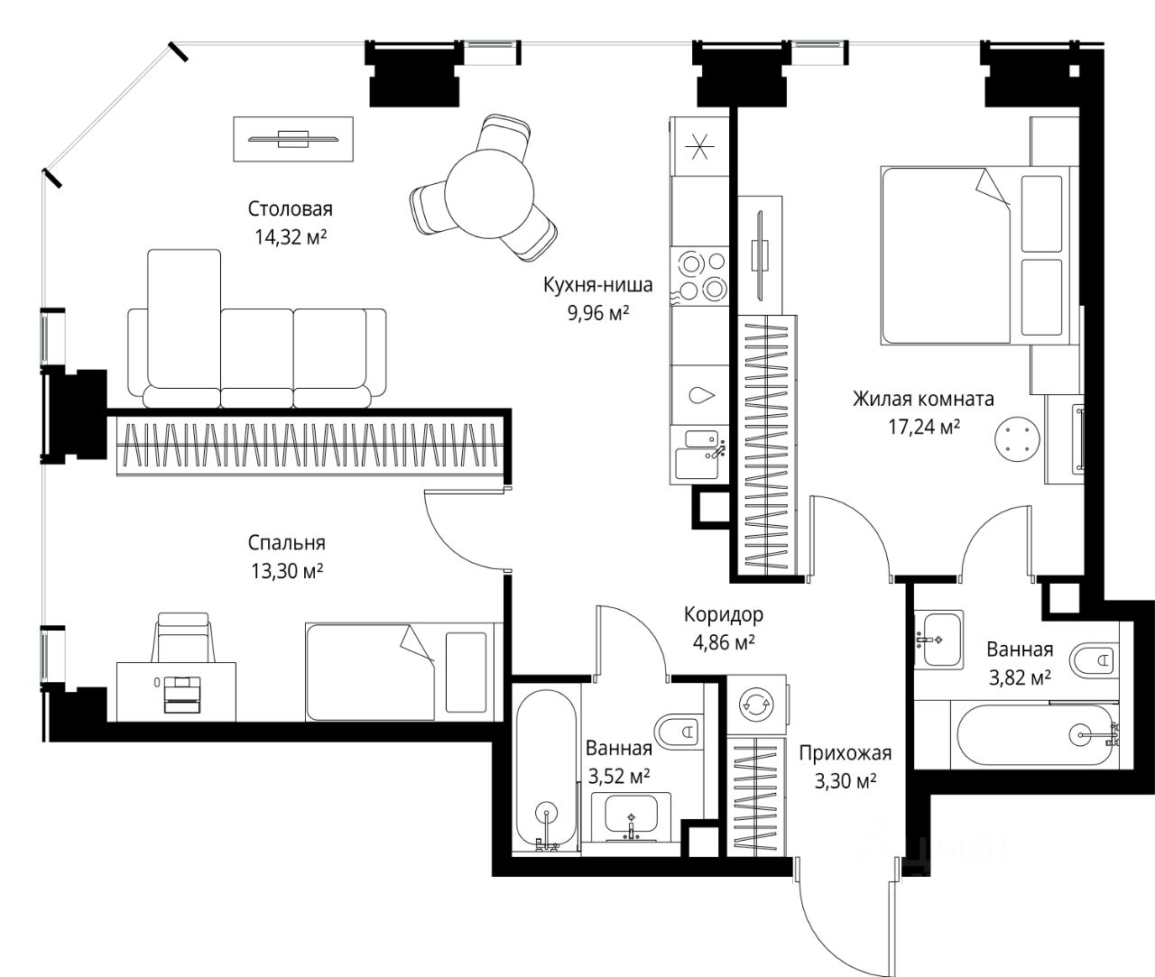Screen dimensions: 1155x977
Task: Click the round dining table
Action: tap(489, 194)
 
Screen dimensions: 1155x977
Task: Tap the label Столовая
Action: tap(290, 209)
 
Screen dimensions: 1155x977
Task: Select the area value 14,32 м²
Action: tap(291, 237)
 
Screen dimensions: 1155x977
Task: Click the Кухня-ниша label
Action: tap(598, 285)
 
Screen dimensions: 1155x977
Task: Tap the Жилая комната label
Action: tap(923, 399)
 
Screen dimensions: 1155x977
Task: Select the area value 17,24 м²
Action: tap(924, 428)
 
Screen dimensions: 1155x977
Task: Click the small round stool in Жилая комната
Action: tap(1018, 439)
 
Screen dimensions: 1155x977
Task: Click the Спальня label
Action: tap(287, 542)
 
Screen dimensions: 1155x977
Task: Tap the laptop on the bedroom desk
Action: tap(181, 694)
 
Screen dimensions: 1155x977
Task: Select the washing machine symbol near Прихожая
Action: tap(756, 704)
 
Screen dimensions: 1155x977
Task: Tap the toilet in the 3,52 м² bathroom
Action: tap(679, 731)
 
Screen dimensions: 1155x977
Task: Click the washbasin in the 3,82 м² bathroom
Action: tap(938, 639)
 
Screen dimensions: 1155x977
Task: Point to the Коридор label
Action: tap(724, 614)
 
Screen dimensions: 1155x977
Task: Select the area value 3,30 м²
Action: tap(845, 781)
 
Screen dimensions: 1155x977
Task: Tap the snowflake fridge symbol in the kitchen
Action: tap(699, 146)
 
